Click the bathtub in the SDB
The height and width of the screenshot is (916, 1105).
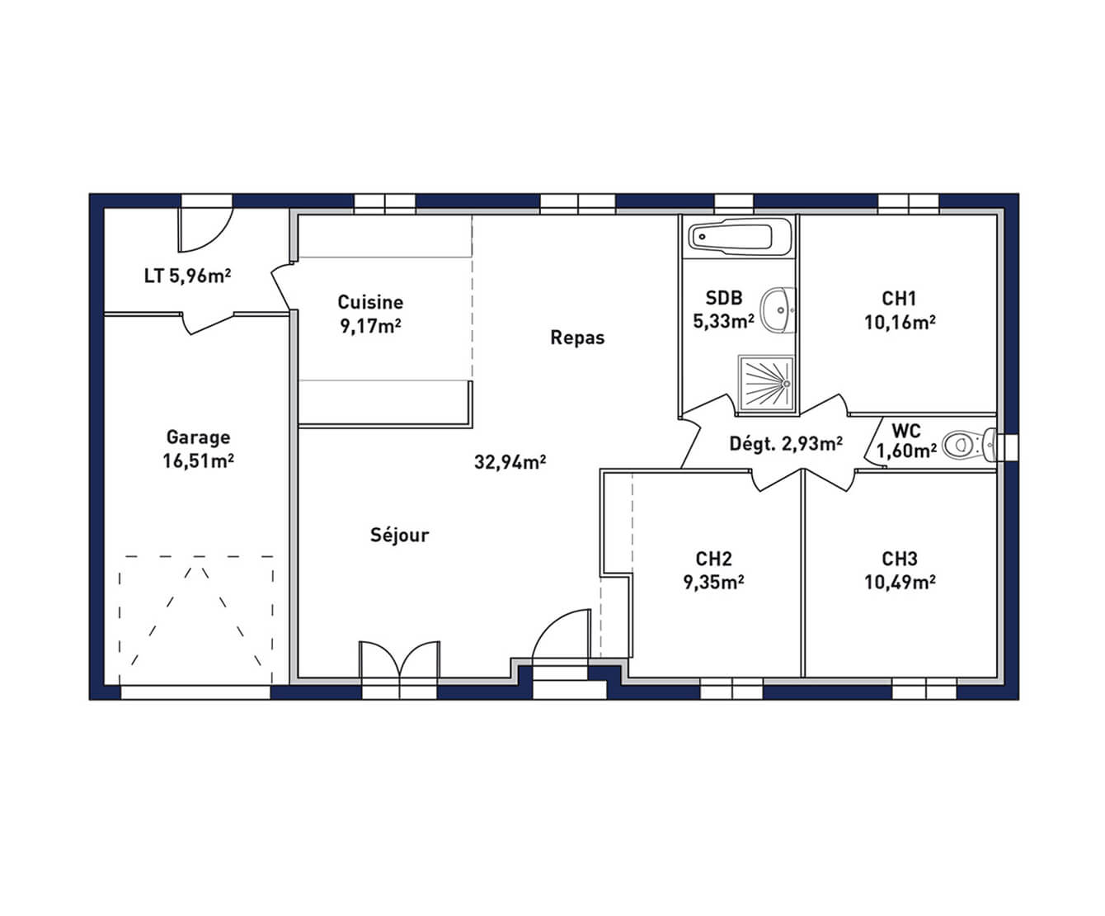(x=740, y=237)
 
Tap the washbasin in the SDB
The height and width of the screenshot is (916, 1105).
(x=777, y=310)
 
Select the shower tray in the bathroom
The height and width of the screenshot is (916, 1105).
(x=766, y=383)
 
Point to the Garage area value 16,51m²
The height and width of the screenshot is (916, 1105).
(x=199, y=461)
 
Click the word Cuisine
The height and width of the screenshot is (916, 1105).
(x=370, y=302)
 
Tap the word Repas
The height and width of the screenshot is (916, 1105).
(x=577, y=338)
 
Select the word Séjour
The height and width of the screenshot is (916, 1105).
(x=400, y=535)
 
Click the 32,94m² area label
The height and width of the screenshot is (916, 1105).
(x=510, y=462)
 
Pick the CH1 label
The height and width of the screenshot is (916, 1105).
(x=899, y=298)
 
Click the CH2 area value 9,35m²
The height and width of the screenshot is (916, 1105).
(x=714, y=583)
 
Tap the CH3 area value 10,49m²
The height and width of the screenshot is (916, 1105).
(x=900, y=583)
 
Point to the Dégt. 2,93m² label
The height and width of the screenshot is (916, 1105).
(x=786, y=443)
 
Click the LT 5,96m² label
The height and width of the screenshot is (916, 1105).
(x=187, y=276)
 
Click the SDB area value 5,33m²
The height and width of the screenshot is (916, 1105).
(x=723, y=321)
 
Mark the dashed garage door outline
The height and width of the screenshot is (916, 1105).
(x=196, y=620)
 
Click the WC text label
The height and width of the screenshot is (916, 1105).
(x=906, y=430)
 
